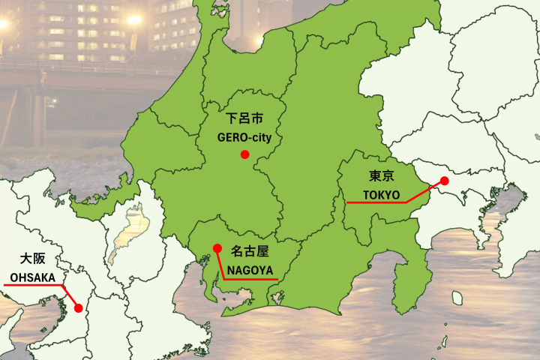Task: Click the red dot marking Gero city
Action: (x=244, y=154)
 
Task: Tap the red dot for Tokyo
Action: (x=444, y=181)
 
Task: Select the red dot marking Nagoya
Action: (x=217, y=248)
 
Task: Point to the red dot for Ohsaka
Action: (x=78, y=307)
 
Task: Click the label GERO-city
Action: (x=244, y=138)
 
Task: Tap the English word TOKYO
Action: (x=382, y=194)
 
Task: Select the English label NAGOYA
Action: (x=250, y=270)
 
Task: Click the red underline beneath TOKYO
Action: (x=375, y=202)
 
